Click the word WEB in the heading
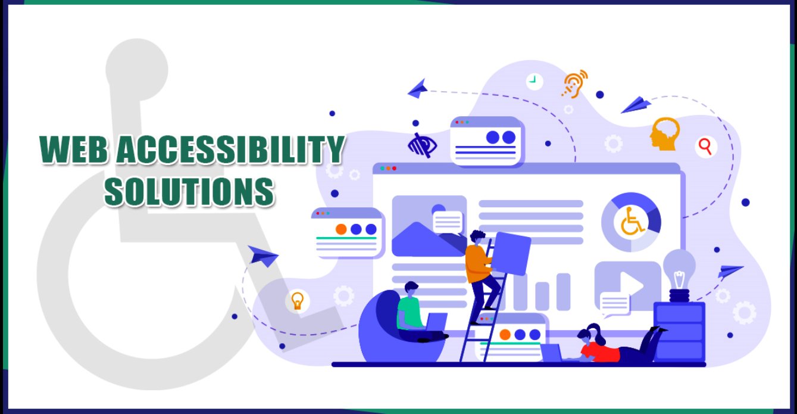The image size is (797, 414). coord(73,151)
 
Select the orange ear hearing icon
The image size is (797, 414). coord(574,83)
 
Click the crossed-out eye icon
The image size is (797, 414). coord(422,145)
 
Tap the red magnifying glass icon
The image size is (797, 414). coord(706,145)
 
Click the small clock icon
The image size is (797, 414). coord(534,80)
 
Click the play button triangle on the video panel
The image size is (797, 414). coord(632,285)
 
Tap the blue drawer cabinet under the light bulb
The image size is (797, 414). coord(679,331)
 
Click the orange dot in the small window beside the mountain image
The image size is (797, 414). coord(340,229)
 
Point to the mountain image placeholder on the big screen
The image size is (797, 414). coord(429,226)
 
